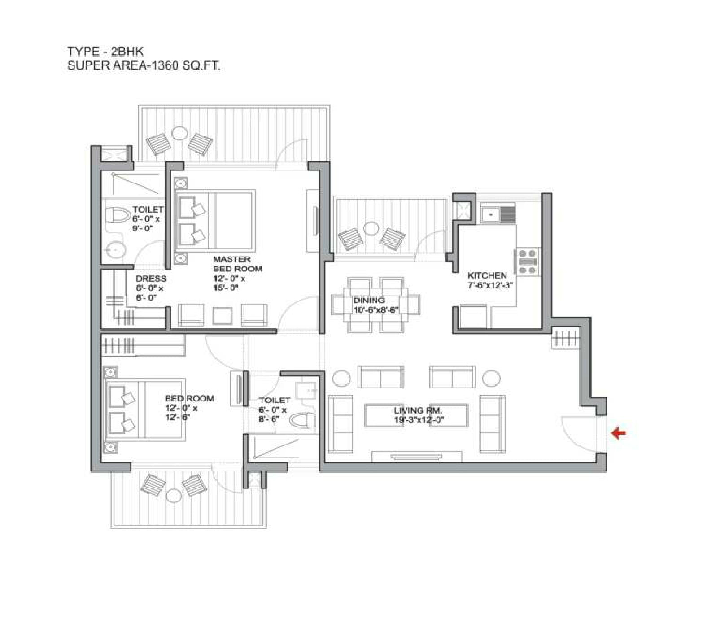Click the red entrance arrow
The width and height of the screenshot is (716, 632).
(x=619, y=433)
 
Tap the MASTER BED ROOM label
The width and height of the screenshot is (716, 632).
(x=237, y=264)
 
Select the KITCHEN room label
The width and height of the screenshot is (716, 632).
(x=487, y=275)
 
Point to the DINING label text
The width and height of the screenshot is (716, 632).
(x=369, y=300)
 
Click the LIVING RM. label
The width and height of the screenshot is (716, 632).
(x=418, y=410)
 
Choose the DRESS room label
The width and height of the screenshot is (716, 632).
(x=151, y=279)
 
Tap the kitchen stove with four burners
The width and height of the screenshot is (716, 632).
(x=528, y=262)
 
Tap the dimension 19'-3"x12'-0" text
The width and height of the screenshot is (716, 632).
(x=419, y=420)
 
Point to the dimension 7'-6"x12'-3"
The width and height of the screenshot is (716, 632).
(x=490, y=285)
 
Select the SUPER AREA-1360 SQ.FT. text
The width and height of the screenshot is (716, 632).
(x=144, y=65)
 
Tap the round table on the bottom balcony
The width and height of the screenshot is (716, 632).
(x=173, y=496)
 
